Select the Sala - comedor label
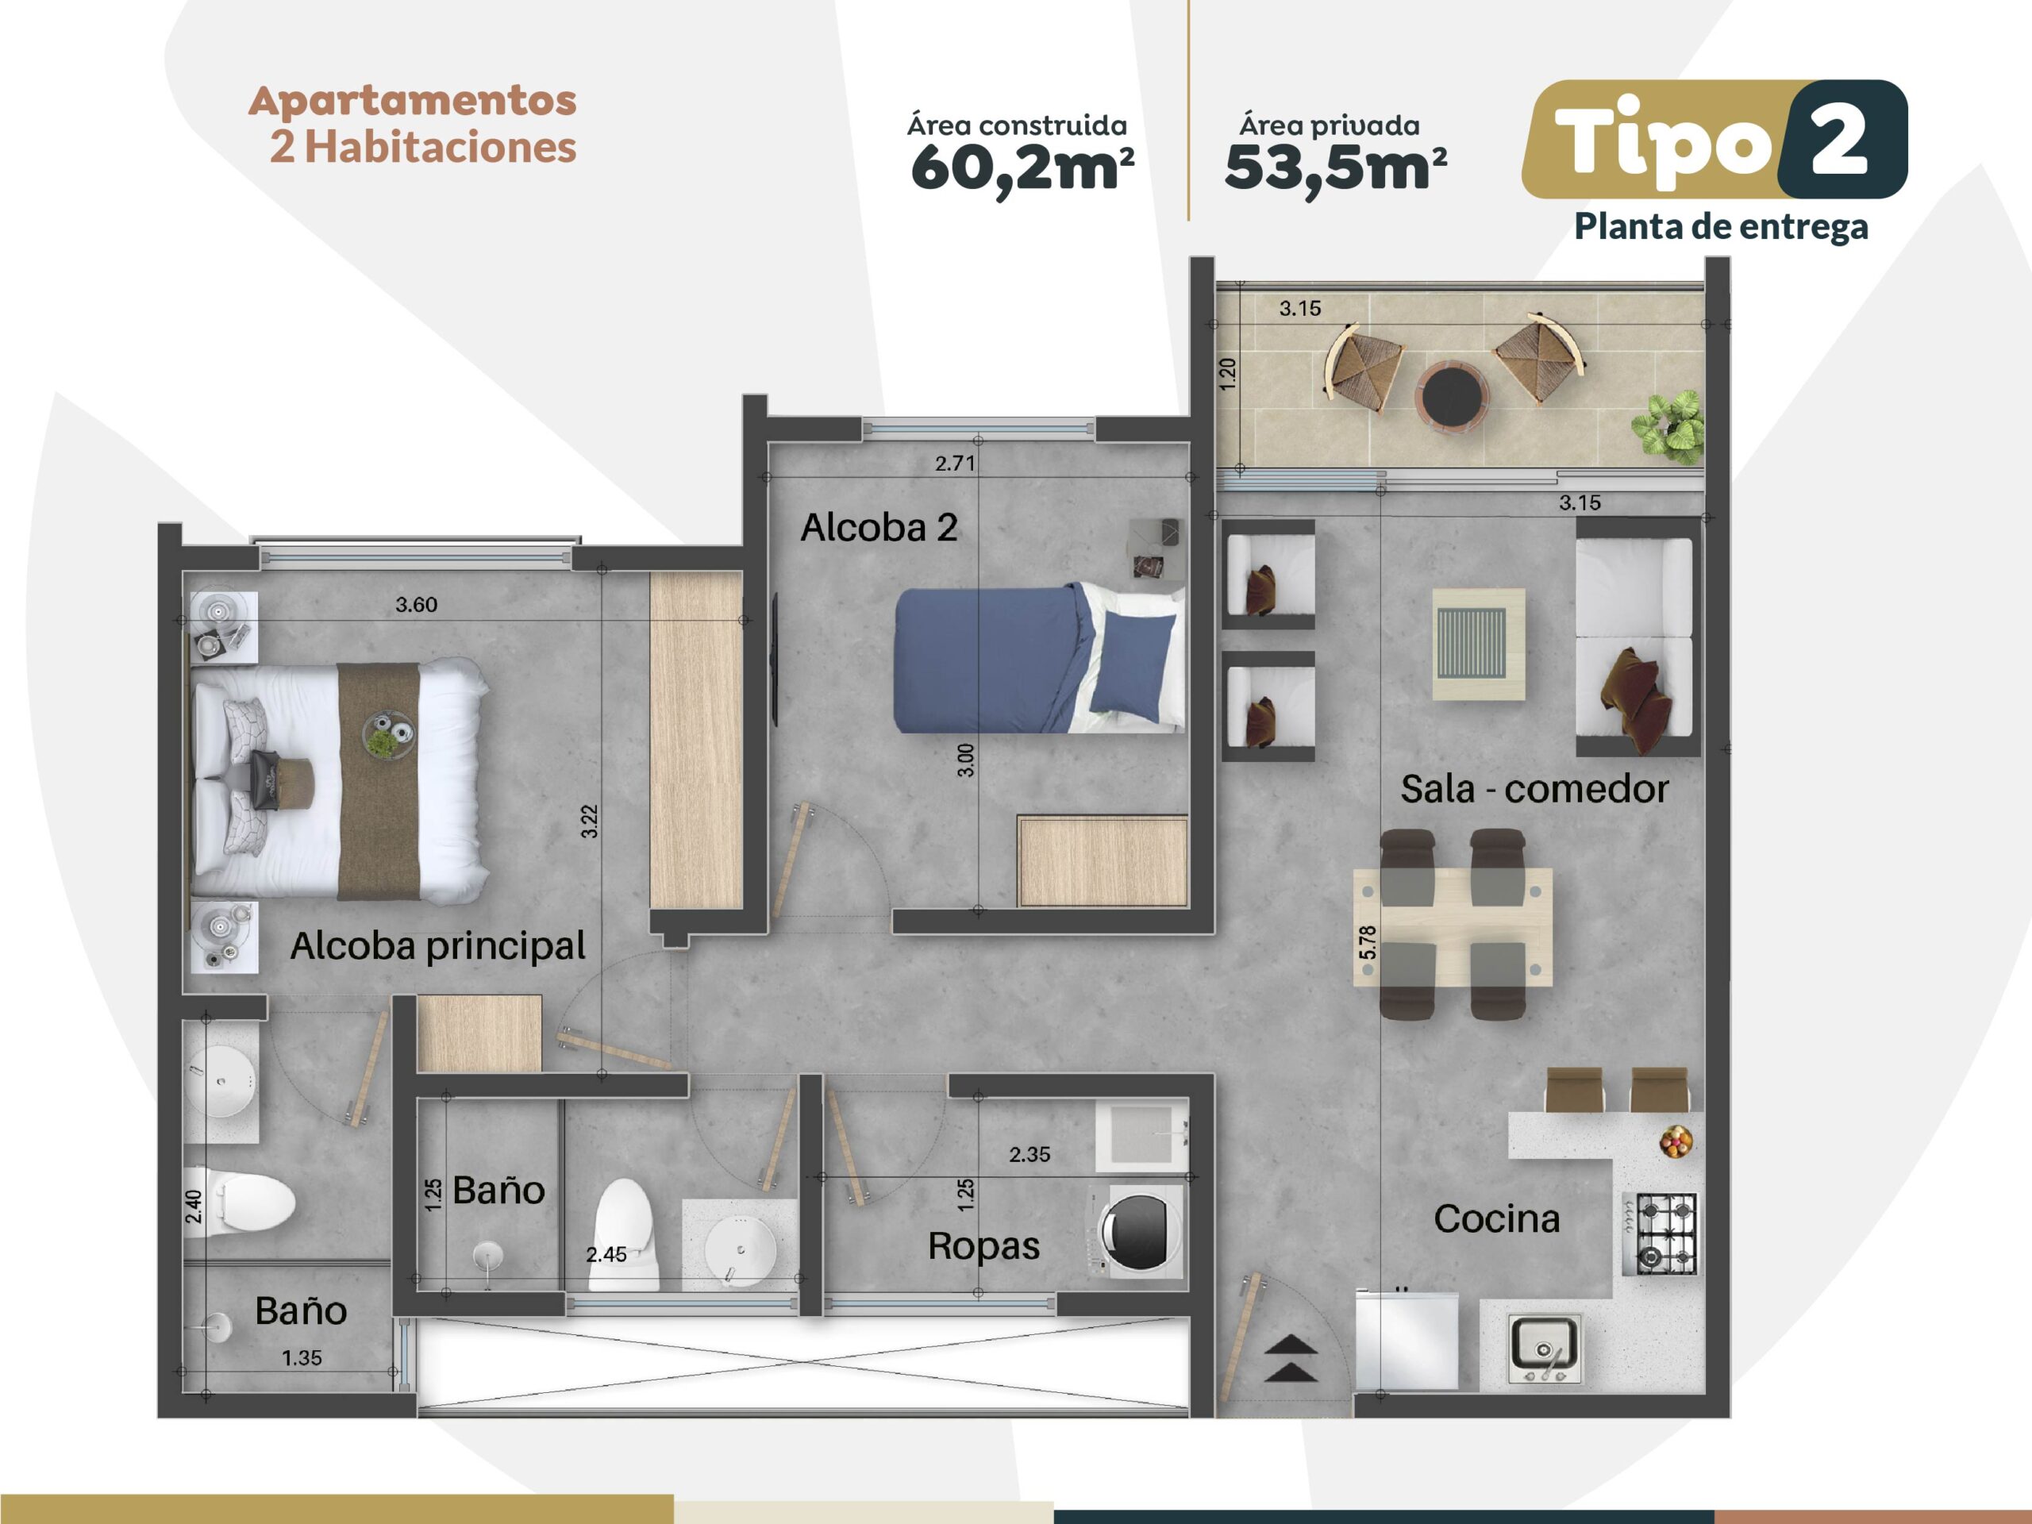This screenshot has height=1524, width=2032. click(x=1534, y=788)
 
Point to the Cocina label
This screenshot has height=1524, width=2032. click(x=1496, y=1219)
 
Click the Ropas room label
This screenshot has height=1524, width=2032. click(x=983, y=1246)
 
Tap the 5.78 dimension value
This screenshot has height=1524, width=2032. click(x=1368, y=942)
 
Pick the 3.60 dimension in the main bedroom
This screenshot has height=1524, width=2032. click(x=416, y=605)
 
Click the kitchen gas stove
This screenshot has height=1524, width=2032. click(x=1659, y=1233)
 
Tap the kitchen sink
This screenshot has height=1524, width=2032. click(x=1545, y=1349)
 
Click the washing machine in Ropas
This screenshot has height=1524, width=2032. click(x=1137, y=1232)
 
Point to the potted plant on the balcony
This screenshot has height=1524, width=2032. click(x=1668, y=425)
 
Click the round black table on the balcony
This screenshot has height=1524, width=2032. click(x=1452, y=395)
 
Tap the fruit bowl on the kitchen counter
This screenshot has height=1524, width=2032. click(x=1676, y=1142)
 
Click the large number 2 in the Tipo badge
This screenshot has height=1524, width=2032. click(x=1840, y=140)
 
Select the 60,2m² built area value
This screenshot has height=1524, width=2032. click(x=1022, y=169)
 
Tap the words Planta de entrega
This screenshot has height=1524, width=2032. click(x=1721, y=227)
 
